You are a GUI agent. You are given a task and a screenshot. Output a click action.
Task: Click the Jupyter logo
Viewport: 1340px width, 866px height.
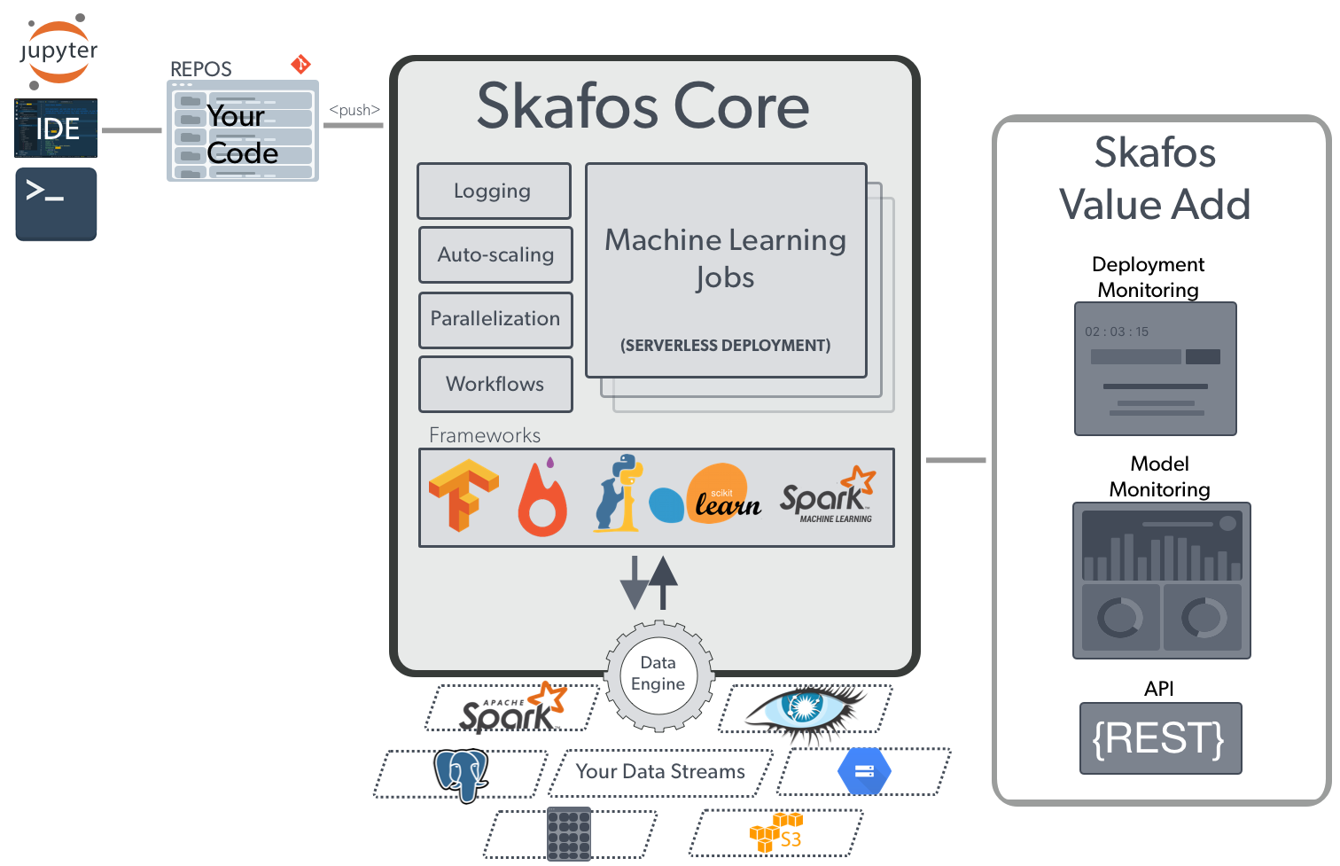(x=58, y=51)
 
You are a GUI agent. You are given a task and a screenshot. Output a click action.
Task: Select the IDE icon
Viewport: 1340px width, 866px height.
(x=56, y=129)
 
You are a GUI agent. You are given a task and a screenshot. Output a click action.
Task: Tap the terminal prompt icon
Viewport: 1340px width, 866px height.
(x=56, y=205)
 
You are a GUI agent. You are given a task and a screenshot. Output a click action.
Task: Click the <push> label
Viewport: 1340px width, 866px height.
(x=354, y=110)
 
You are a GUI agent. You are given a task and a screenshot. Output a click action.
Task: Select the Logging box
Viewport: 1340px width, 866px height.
(x=494, y=191)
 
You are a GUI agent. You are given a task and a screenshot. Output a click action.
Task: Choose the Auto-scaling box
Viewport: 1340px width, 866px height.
(x=495, y=255)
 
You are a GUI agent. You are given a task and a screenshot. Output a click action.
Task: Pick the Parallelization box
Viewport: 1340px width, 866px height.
(x=495, y=319)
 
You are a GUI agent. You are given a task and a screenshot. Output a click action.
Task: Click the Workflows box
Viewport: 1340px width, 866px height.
(x=495, y=384)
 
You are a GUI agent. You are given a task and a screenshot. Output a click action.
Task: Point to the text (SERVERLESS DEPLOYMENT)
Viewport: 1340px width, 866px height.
(x=725, y=346)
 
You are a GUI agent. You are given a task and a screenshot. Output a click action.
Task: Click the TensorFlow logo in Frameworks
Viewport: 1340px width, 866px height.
(x=463, y=495)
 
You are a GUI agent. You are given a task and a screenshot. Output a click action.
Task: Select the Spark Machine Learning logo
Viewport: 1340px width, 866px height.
(x=828, y=495)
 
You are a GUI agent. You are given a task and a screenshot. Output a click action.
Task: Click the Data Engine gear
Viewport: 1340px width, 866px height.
(x=658, y=675)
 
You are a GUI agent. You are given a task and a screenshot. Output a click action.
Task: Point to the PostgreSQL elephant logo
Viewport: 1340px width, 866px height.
(x=462, y=774)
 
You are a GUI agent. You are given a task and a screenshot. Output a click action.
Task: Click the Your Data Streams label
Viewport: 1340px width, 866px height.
(x=660, y=772)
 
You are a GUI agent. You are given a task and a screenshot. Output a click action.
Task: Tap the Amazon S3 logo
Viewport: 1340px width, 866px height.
(x=776, y=833)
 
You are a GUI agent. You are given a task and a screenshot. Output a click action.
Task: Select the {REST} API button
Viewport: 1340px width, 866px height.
(x=1160, y=738)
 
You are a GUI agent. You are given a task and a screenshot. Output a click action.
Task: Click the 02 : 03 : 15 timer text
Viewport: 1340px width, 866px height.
(x=1117, y=332)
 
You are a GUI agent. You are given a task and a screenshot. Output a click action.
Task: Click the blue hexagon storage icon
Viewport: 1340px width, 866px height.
(x=864, y=771)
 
